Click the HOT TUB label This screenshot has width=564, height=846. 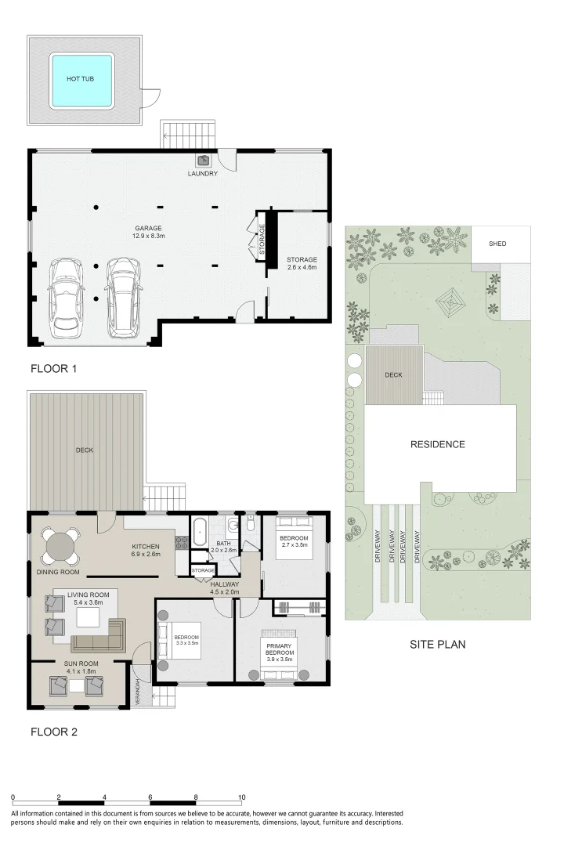81,79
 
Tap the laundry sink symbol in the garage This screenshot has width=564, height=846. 204,161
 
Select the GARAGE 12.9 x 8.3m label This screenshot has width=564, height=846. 148,232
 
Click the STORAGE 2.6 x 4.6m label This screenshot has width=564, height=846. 302,263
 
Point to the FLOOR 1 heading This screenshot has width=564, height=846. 53,368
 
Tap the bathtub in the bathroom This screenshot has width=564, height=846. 199,531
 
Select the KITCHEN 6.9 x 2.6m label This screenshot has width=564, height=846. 146,551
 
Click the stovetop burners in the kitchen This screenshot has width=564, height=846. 182,542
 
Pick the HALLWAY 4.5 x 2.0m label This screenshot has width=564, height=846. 225,588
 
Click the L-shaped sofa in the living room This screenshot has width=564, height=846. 99,636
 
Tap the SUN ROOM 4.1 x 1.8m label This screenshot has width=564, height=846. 81,667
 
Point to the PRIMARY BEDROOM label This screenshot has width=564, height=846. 280,649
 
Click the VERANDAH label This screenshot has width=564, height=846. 138,692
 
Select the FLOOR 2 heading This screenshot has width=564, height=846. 54,732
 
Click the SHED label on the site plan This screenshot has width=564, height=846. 497,244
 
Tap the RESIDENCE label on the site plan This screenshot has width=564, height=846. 438,445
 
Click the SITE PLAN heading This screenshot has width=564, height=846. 438,644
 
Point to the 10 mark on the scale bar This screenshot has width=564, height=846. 242,797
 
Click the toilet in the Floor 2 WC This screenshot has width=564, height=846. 250,524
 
